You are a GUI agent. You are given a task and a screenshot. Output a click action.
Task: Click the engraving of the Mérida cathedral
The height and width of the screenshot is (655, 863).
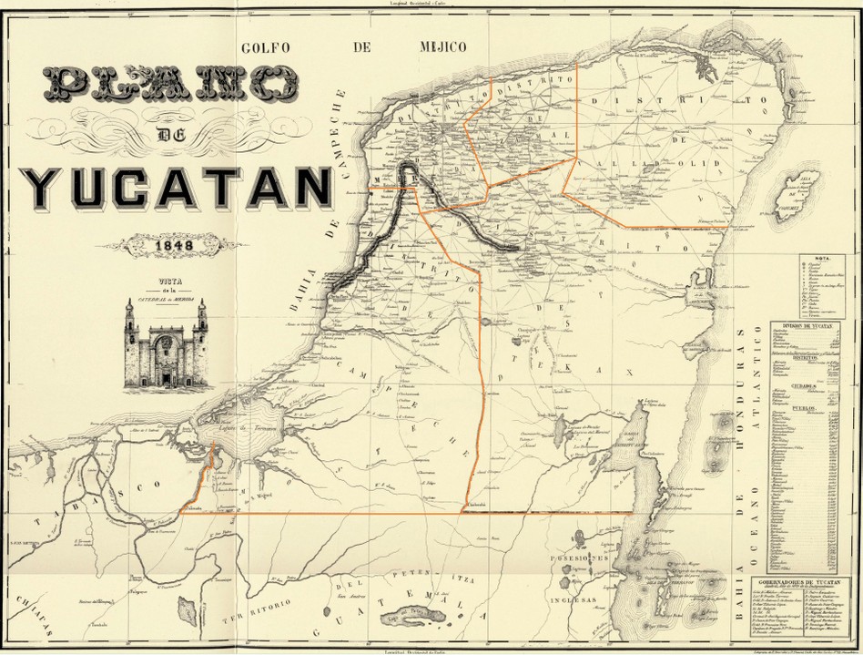(x=165, y=347)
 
